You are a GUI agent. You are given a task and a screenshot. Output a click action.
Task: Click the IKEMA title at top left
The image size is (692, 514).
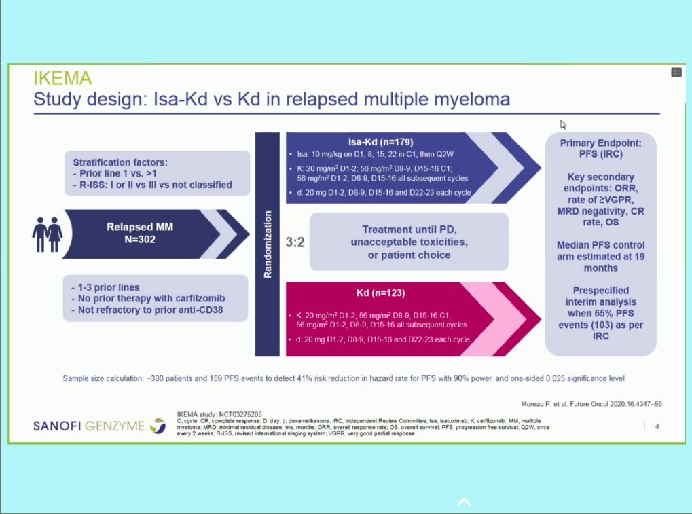point(63,78)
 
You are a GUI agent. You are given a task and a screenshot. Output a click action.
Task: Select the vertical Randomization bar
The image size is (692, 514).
point(267,244)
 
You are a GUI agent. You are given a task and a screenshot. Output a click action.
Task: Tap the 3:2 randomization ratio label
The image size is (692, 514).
point(295,242)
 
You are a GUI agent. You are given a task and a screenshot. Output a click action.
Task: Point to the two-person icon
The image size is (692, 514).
point(48,234)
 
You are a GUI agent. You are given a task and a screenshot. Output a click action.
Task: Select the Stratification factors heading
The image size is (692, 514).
point(120,162)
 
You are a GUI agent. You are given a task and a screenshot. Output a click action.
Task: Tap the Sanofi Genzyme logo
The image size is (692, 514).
point(99,426)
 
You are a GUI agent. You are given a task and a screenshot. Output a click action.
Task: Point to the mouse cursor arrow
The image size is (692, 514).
point(563,124)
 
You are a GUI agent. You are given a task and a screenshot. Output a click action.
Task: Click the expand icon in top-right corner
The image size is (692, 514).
point(676,73)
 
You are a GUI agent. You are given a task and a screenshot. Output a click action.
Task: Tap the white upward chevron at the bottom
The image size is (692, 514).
point(464,502)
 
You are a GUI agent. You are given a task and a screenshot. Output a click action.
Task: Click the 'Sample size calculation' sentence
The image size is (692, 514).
point(343,378)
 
